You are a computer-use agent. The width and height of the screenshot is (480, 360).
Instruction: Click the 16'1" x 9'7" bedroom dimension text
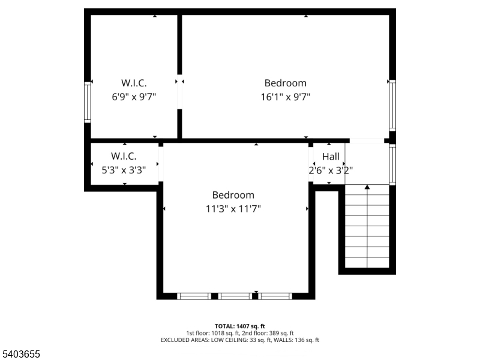[285, 96]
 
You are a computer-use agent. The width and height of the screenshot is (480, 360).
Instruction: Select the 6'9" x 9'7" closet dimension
[134, 96]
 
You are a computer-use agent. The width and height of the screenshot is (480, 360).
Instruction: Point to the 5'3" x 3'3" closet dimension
[123, 170]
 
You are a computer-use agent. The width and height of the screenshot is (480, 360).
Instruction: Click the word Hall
[331, 157]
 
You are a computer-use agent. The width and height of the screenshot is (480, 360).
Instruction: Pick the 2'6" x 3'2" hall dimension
[331, 170]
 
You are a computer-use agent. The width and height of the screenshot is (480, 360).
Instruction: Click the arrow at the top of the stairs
[367, 187]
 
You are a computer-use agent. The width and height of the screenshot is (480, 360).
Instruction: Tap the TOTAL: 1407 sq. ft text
[239, 326]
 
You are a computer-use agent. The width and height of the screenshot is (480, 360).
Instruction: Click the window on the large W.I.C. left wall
[88, 102]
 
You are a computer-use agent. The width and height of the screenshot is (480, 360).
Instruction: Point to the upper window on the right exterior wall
[392, 105]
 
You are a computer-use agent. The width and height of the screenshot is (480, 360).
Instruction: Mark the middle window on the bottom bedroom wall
[235, 296]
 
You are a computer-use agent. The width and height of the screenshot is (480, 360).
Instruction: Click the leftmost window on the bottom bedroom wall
[194, 296]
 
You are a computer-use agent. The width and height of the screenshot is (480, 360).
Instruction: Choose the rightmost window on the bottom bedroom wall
[275, 296]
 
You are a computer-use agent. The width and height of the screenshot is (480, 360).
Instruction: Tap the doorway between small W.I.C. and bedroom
[160, 164]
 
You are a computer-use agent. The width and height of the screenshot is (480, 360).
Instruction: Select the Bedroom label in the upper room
[285, 83]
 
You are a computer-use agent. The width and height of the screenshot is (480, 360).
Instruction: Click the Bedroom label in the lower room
[233, 195]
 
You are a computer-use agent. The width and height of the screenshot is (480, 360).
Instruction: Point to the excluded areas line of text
[239, 340]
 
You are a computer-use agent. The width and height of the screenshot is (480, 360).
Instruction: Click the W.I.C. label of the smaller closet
[124, 157]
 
